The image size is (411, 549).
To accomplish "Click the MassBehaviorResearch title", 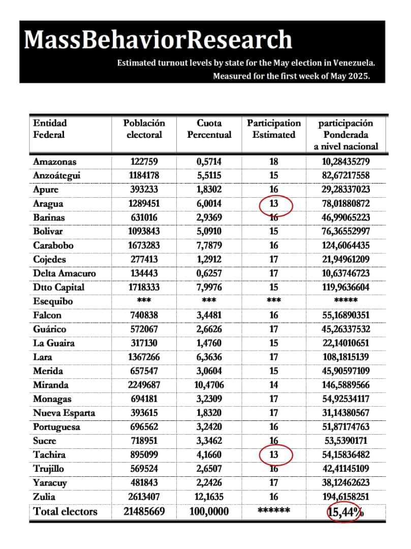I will pyautogui.click(x=158, y=40).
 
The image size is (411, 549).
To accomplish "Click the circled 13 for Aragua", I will pyautogui.click(x=274, y=203).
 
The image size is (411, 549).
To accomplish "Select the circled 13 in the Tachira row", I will pyautogui.click(x=274, y=454).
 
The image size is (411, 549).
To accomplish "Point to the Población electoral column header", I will pyautogui.click(x=144, y=129).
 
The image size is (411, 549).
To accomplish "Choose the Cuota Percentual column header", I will pyautogui.click(x=209, y=129).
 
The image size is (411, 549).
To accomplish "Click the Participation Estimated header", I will pyautogui.click(x=274, y=129).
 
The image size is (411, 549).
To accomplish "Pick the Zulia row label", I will pyautogui.click(x=44, y=496).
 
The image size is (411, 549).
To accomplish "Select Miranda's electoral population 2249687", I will pyautogui.click(x=144, y=385).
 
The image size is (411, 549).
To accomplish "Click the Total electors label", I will pyautogui.click(x=65, y=511).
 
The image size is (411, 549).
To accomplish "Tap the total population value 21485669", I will pyautogui.click(x=144, y=511).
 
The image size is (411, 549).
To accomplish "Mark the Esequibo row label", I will pyautogui.click(x=53, y=301).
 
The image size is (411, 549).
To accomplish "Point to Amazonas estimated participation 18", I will pyautogui.click(x=274, y=162).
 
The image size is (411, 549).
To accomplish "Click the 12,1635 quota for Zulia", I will pyautogui.click(x=209, y=496).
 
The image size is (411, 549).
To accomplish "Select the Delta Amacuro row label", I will pyautogui.click(x=64, y=273).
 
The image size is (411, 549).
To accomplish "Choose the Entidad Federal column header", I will pyautogui.click(x=50, y=129).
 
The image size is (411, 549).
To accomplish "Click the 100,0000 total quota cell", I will pyautogui.click(x=209, y=511).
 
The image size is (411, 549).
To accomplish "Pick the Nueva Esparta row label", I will pyautogui.click(x=64, y=413).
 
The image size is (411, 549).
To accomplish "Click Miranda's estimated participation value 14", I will pyautogui.click(x=274, y=385).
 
